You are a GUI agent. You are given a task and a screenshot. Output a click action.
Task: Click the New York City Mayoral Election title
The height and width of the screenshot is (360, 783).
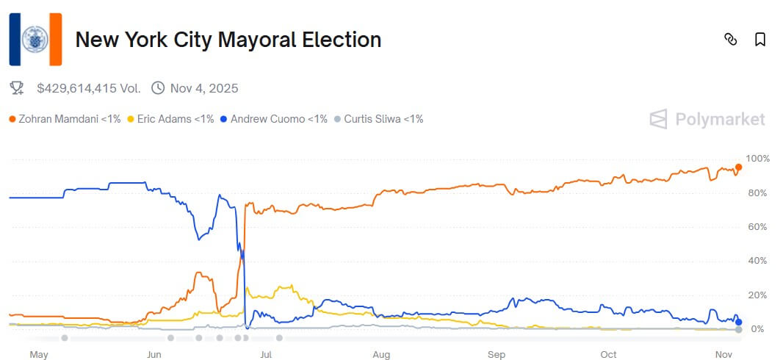click(228, 40)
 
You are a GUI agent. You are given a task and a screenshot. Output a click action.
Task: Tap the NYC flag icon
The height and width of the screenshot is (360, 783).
click(35, 40)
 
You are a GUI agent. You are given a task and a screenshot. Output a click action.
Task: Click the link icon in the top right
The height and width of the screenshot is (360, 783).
click(730, 40)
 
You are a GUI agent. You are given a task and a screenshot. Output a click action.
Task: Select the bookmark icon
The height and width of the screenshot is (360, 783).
click(760, 40)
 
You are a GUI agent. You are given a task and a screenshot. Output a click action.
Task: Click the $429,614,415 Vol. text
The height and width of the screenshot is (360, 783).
click(88, 88)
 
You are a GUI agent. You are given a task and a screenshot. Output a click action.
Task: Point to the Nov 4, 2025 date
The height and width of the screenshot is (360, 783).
click(204, 88)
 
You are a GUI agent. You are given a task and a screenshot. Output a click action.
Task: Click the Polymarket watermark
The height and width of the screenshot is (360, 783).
click(707, 119)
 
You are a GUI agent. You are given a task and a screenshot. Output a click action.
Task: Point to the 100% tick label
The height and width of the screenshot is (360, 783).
click(757, 159)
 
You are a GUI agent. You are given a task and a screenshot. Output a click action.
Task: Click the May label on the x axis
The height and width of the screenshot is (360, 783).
click(38, 354)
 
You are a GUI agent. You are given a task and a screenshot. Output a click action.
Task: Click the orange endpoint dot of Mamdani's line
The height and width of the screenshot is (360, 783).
click(738, 168)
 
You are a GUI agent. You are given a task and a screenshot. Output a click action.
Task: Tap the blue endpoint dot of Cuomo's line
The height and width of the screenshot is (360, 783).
click(738, 322)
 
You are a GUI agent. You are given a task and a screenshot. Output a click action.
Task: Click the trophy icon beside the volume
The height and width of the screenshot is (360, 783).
click(16, 88)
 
